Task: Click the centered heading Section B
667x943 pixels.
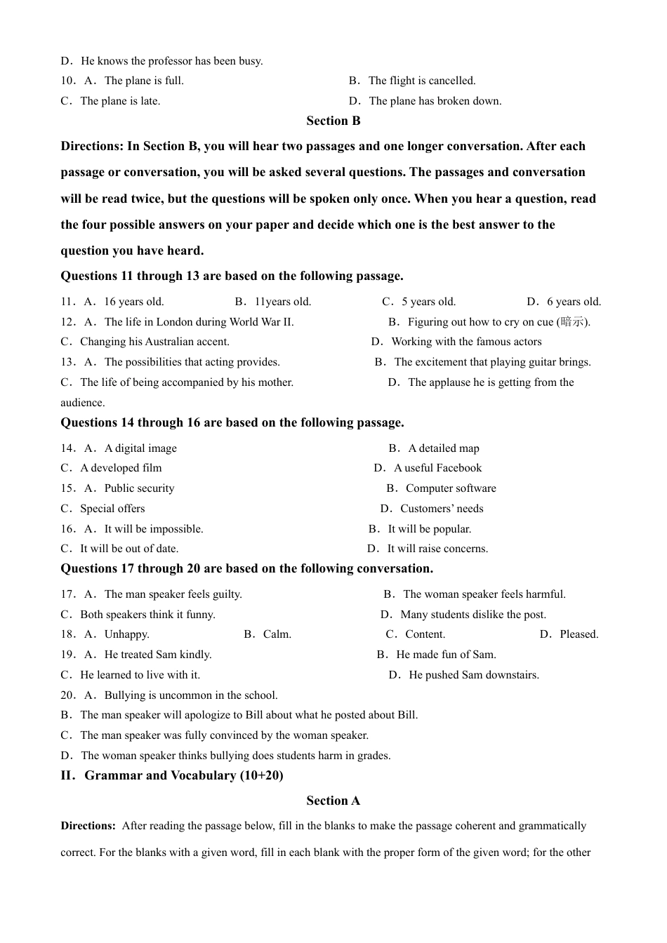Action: point(333,121)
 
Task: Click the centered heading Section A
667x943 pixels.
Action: point(333,801)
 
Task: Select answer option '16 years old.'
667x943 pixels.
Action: point(133,302)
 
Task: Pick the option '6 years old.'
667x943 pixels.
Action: point(574,302)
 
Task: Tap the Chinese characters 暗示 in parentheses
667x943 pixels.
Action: point(572,322)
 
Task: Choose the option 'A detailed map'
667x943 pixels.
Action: point(443,448)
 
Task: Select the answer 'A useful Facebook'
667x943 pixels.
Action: point(437,468)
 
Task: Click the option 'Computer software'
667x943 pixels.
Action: point(450,488)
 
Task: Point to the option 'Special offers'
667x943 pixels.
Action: point(112,509)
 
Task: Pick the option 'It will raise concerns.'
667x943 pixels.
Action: point(437,549)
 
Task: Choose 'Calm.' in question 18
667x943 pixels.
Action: point(277,634)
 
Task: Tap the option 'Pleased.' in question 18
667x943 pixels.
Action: point(579,634)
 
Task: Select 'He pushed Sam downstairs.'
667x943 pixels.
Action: point(473,675)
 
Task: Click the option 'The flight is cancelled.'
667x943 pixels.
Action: point(421,81)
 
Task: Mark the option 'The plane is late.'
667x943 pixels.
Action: point(120,101)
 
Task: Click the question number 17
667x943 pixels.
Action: point(67,594)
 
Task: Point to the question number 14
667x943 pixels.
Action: point(67,448)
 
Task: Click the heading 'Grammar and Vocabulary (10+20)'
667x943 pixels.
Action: point(183,775)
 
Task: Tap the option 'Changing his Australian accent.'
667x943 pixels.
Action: point(154,342)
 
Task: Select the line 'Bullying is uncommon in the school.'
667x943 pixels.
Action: point(190,695)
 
